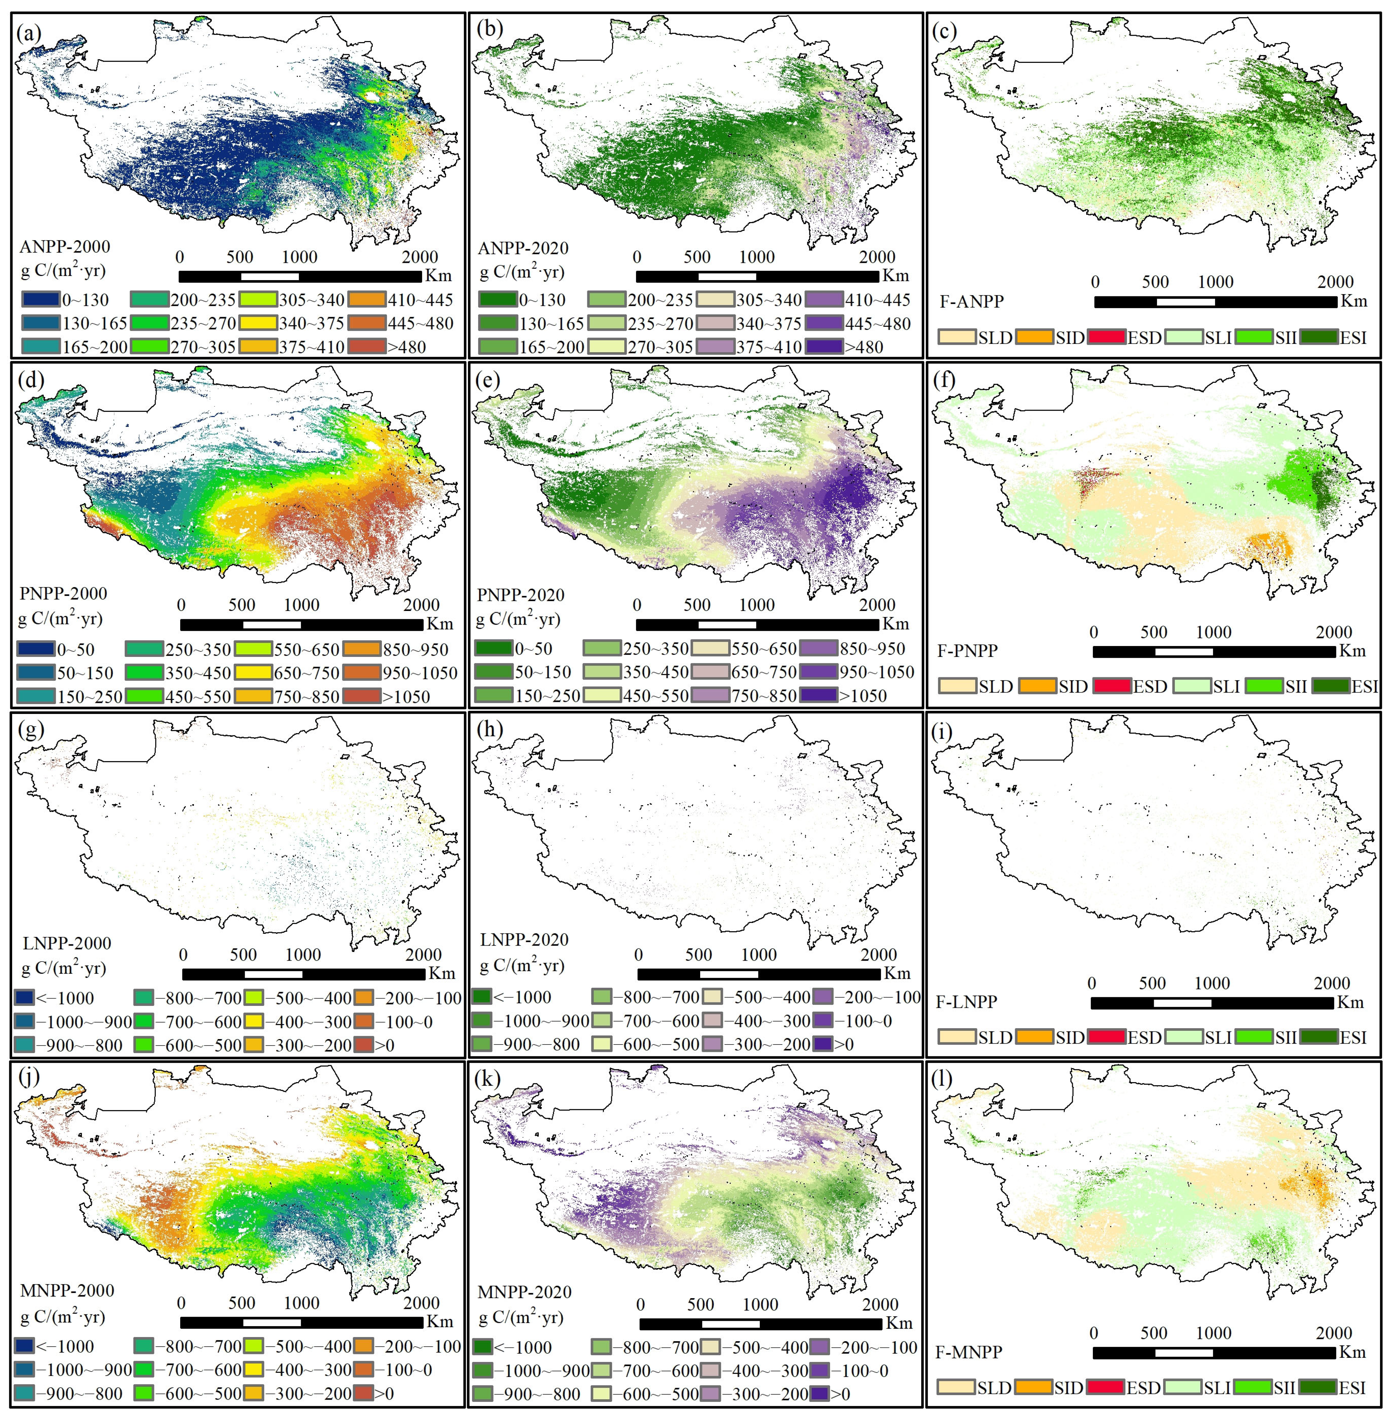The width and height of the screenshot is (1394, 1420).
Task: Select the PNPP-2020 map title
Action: (521, 595)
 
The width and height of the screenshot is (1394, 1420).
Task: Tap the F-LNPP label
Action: (967, 1001)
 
